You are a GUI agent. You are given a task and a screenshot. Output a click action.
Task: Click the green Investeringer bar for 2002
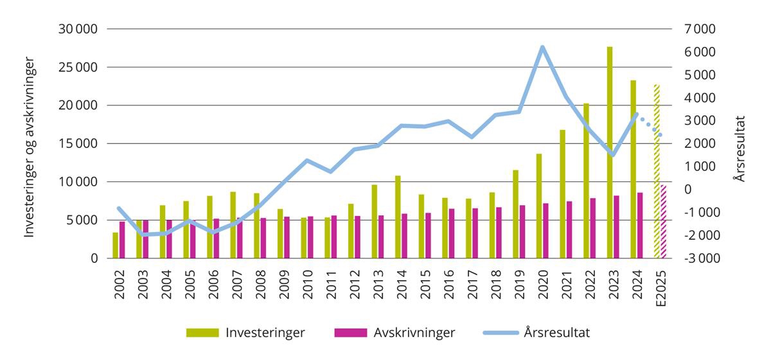[x=115, y=246]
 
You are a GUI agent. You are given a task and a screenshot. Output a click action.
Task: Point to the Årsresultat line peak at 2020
[x=542, y=47]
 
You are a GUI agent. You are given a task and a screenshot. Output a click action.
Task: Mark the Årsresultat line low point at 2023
[x=613, y=155]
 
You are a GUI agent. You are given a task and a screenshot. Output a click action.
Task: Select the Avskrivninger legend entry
[x=394, y=332]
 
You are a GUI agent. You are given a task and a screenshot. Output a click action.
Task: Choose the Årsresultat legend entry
[x=536, y=332]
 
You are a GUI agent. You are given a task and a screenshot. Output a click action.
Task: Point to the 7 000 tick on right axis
[x=697, y=29]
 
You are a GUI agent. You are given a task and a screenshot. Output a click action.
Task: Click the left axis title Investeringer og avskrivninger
[x=29, y=148]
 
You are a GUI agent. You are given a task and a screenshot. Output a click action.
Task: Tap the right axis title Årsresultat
[x=741, y=148]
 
